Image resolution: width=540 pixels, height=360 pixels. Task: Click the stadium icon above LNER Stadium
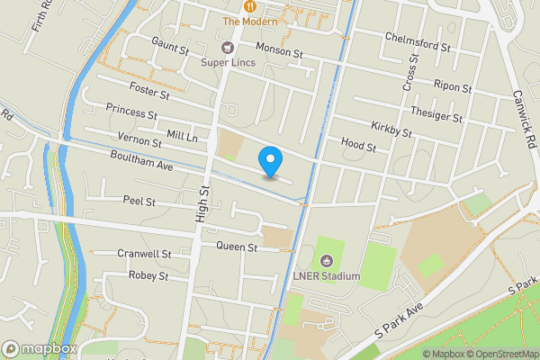[326, 260]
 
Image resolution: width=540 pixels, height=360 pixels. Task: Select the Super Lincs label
[228, 62]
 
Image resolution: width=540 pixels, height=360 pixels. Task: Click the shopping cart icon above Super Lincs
[228, 47]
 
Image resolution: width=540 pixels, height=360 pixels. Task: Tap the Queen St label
[237, 247]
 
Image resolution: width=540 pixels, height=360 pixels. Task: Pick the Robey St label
[148, 275]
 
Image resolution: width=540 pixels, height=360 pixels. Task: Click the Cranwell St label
[144, 254]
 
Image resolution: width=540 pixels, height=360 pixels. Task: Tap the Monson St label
[279, 52]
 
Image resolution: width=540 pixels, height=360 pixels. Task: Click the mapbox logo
[40, 348]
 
